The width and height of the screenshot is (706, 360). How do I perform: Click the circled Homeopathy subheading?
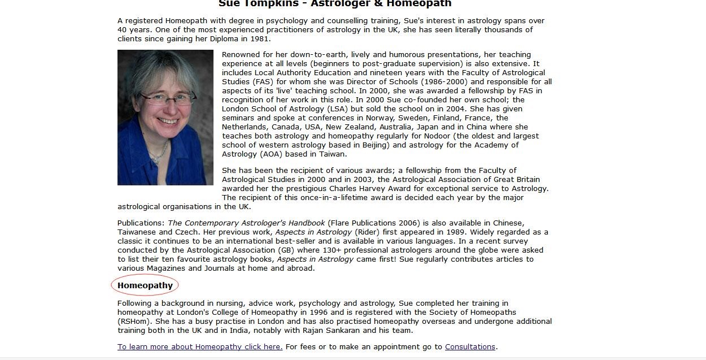(145, 285)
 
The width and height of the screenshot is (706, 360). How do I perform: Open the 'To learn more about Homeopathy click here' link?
(200, 347)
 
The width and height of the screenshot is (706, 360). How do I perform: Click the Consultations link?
(470, 347)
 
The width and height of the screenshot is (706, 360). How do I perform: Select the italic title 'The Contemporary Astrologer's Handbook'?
(246, 223)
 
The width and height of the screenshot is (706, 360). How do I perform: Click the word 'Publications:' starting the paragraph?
(141, 223)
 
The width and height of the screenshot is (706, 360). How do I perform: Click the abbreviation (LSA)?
(335, 109)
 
